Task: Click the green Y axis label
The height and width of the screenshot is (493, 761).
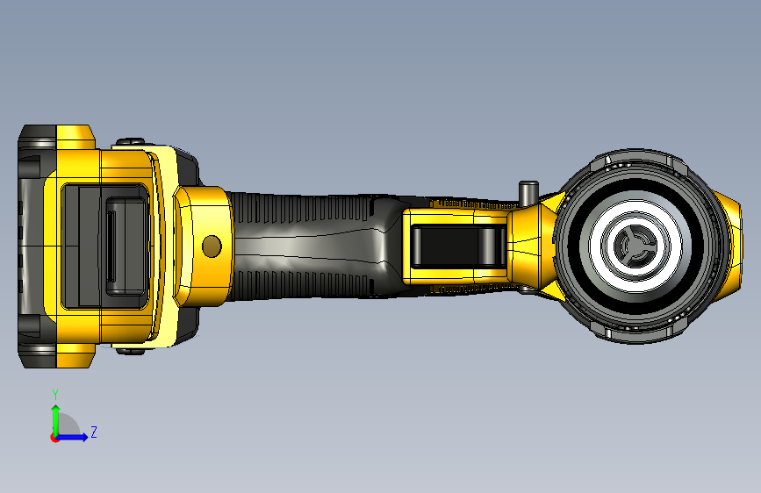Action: [x=55, y=395]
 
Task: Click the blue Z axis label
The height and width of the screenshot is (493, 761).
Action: [x=94, y=432]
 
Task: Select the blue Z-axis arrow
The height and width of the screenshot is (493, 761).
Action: [x=72, y=437]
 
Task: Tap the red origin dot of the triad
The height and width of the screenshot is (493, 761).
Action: [x=54, y=438]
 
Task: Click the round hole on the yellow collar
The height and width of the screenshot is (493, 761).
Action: [x=212, y=246]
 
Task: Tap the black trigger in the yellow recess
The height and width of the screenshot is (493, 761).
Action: [x=457, y=246]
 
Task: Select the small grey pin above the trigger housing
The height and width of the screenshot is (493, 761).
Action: [x=528, y=193]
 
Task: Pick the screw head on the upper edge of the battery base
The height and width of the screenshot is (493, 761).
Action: [x=130, y=142]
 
